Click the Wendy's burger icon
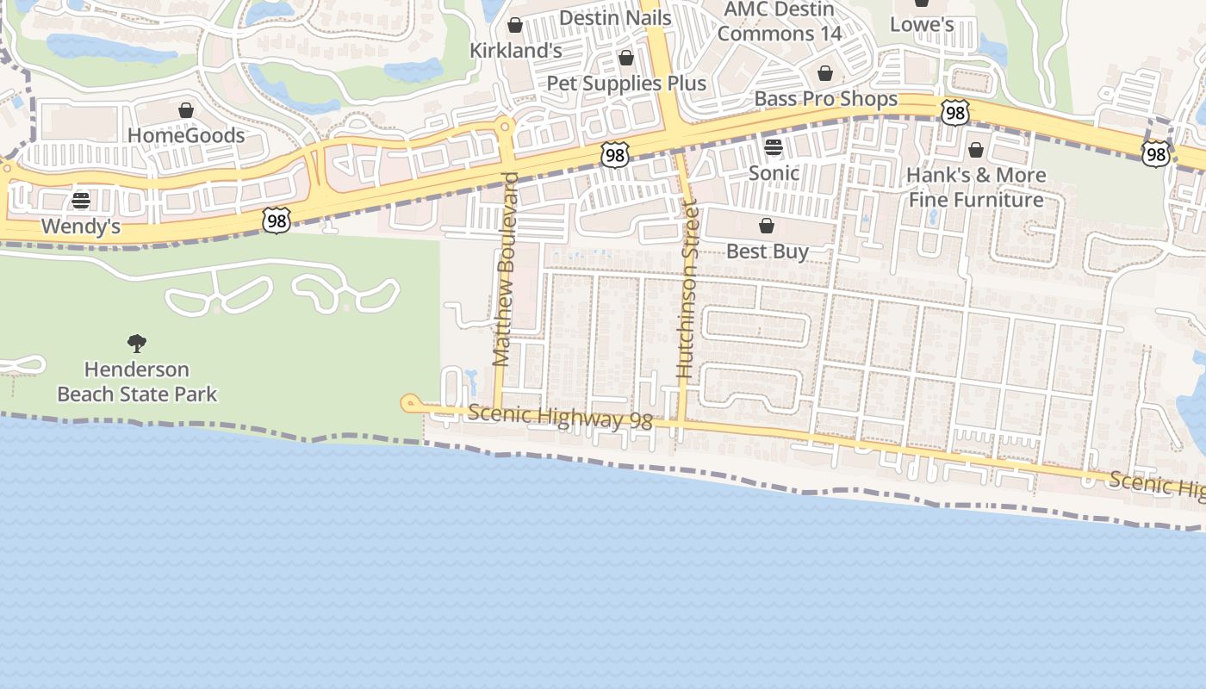81,201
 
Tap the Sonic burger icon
773,146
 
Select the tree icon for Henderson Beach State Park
136,344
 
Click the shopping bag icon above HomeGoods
185,110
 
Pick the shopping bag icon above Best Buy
766,226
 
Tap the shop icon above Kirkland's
514,25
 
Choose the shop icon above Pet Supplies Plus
626,58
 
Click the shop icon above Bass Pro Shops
824,73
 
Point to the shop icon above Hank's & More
975,150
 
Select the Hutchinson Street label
686,289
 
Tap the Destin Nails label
615,17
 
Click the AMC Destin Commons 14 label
779,22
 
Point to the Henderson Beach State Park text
137,382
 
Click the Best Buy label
768,251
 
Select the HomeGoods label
186,135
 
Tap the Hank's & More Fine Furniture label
976,187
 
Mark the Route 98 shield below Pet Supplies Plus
615,155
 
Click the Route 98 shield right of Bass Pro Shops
955,112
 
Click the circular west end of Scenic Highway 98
410,402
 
